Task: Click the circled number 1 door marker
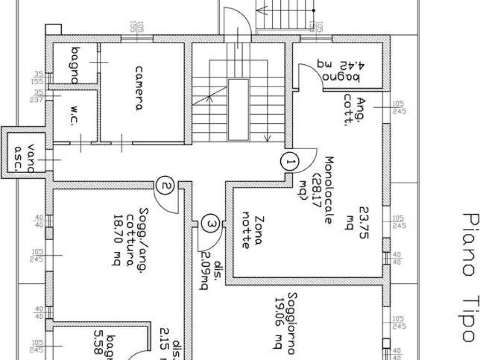pyautogui.click(x=290, y=162)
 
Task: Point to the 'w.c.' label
pyautogui.click(x=75, y=117)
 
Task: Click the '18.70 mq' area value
pyautogui.click(x=116, y=240)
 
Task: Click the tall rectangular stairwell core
pyautogui.click(x=238, y=110)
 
